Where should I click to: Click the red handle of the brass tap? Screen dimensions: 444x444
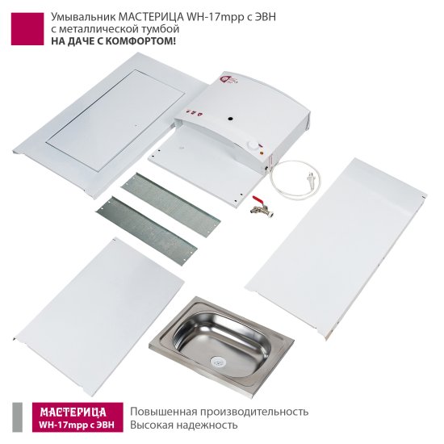[x=258, y=199]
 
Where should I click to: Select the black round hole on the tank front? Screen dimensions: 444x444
[x=231, y=118]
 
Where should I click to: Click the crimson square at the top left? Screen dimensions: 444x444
[x=27, y=29]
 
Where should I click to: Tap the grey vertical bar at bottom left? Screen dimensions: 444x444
[x=18, y=417]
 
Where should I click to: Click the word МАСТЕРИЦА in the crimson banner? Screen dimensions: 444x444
[x=73, y=412]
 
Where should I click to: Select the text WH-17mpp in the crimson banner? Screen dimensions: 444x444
[x=60, y=425]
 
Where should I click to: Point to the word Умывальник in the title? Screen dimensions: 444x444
[x=83, y=18]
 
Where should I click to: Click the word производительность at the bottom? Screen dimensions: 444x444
[x=254, y=412]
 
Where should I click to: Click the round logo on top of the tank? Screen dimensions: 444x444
[x=225, y=79]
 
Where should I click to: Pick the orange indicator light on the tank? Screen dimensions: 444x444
[x=261, y=153]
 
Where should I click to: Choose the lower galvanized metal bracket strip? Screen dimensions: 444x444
[x=147, y=231]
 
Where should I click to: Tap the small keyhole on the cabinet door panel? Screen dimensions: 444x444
[x=136, y=124]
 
